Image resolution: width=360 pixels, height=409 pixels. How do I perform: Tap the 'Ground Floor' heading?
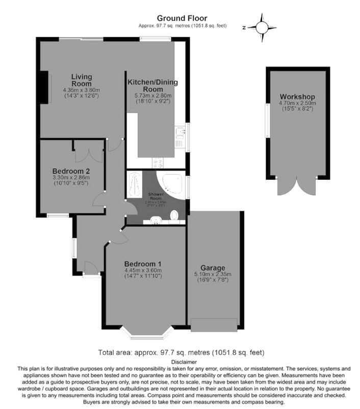click(182, 18)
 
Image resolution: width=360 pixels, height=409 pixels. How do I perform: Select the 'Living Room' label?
click(81, 80)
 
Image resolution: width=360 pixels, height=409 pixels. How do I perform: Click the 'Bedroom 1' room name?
click(143, 263)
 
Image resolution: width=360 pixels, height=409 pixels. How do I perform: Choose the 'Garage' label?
click(213, 268)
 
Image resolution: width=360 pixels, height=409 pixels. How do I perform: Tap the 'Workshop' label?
click(297, 97)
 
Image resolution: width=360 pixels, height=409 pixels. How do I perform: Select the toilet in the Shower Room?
click(175, 215)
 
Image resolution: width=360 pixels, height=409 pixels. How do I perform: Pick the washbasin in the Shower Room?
click(156, 220)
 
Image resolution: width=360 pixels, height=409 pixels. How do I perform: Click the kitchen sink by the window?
click(179, 134)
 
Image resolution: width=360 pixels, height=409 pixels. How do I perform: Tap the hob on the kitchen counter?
click(158, 163)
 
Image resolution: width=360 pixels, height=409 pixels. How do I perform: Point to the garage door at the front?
click(214, 325)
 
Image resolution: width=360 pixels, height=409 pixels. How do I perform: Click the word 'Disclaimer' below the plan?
click(181, 361)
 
